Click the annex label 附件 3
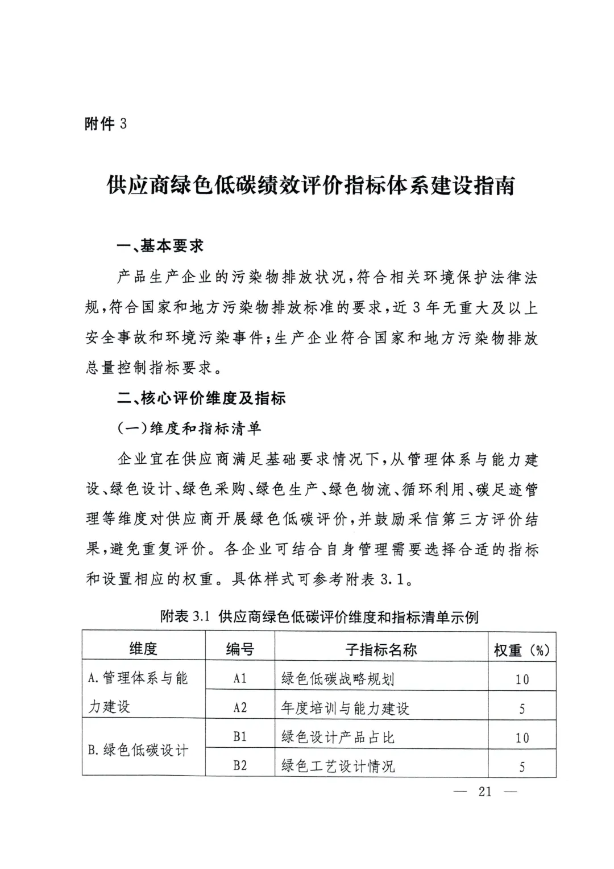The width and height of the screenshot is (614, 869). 105,123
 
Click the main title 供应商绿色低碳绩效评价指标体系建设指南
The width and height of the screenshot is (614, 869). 310,186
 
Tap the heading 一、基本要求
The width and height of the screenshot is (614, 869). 160,246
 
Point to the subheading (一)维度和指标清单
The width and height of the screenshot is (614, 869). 189,428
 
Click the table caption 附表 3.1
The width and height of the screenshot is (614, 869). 319,616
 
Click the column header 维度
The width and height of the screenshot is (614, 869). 143,648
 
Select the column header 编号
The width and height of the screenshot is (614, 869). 240,649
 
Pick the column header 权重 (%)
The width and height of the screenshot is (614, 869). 521,650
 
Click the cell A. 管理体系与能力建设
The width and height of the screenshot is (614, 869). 138,692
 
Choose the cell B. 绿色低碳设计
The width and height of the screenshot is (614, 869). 138,750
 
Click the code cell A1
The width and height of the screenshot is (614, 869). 240,678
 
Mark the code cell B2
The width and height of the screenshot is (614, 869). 240,765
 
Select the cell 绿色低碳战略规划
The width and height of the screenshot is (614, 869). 338,679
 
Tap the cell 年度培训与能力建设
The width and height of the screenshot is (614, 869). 345,709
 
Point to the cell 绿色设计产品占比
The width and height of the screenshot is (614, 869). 338,738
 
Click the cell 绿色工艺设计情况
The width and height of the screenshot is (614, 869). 338,766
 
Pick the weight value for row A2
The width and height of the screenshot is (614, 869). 522,709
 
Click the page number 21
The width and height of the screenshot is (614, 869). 484,791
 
